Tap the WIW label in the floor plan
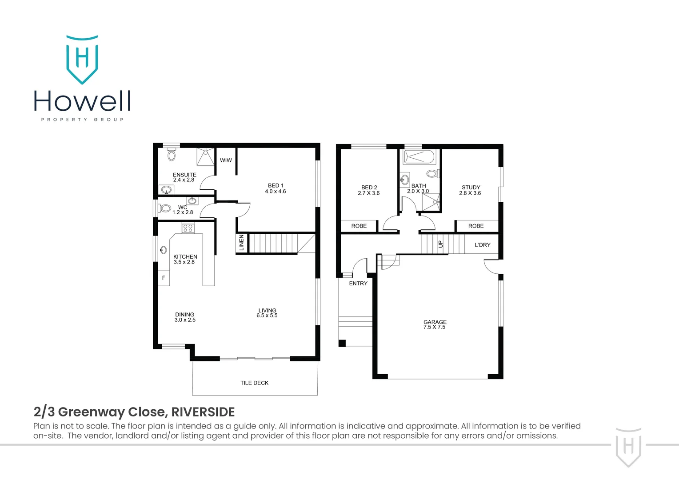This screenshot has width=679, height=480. click(x=226, y=160)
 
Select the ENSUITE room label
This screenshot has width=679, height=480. click(x=184, y=175)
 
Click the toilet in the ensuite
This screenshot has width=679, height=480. click(x=172, y=155)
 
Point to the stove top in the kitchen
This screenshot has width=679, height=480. click(x=188, y=228)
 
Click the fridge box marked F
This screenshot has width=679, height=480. click(x=164, y=278)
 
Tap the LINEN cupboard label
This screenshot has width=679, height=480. click(x=242, y=243)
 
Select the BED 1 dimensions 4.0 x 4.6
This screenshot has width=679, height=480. click(x=276, y=192)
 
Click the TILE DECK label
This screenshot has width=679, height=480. click(x=254, y=383)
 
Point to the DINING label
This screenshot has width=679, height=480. click(x=184, y=314)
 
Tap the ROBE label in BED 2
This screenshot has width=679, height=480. click(x=359, y=226)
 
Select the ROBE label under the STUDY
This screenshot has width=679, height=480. click(x=476, y=226)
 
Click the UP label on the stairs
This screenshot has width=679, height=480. click(x=440, y=244)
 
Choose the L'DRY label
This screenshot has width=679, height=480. click(x=483, y=245)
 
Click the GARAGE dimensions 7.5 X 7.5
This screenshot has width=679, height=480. click(x=435, y=327)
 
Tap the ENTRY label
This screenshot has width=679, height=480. click(x=358, y=283)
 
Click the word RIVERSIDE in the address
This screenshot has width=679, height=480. click(x=203, y=412)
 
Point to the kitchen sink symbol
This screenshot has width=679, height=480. click(x=163, y=250)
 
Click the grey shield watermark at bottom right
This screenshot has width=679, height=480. click(x=628, y=447)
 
